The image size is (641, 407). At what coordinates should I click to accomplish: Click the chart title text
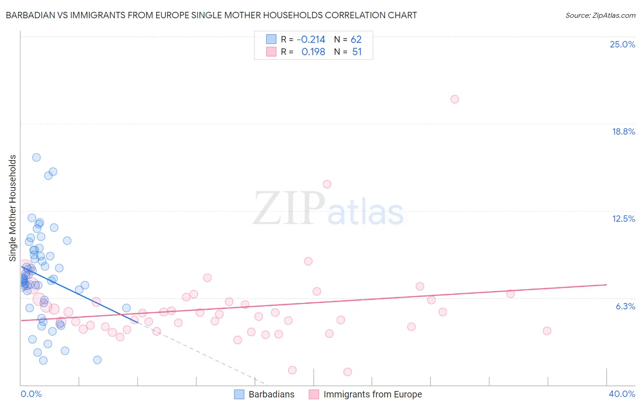click(x=211, y=15)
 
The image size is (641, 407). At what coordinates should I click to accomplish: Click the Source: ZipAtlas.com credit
click(x=600, y=15)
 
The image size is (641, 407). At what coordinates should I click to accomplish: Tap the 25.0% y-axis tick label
click(x=622, y=44)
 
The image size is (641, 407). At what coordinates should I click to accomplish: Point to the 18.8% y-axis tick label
click(x=623, y=131)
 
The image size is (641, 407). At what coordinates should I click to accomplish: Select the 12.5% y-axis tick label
click(x=623, y=219)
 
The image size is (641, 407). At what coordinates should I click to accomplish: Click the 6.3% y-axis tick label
click(x=625, y=306)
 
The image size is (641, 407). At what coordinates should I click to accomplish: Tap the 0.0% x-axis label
click(x=31, y=394)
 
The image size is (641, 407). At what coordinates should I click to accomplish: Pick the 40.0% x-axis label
click(x=621, y=394)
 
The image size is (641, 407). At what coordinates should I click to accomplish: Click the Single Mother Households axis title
click(x=13, y=208)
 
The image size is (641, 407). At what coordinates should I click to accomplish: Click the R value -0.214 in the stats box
click(x=311, y=40)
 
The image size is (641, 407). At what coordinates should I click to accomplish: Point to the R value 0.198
click(x=313, y=52)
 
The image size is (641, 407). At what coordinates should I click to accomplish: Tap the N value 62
click(x=356, y=40)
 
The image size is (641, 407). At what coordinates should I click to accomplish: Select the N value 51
click(x=357, y=52)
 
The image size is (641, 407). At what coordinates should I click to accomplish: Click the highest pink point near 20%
click(x=455, y=99)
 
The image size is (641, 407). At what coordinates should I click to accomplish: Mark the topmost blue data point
click(x=36, y=157)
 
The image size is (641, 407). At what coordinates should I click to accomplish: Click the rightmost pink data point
click(x=547, y=331)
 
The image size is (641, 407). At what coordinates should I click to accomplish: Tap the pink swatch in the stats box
click(x=271, y=52)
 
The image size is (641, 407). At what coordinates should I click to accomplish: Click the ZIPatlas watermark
click(x=328, y=209)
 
